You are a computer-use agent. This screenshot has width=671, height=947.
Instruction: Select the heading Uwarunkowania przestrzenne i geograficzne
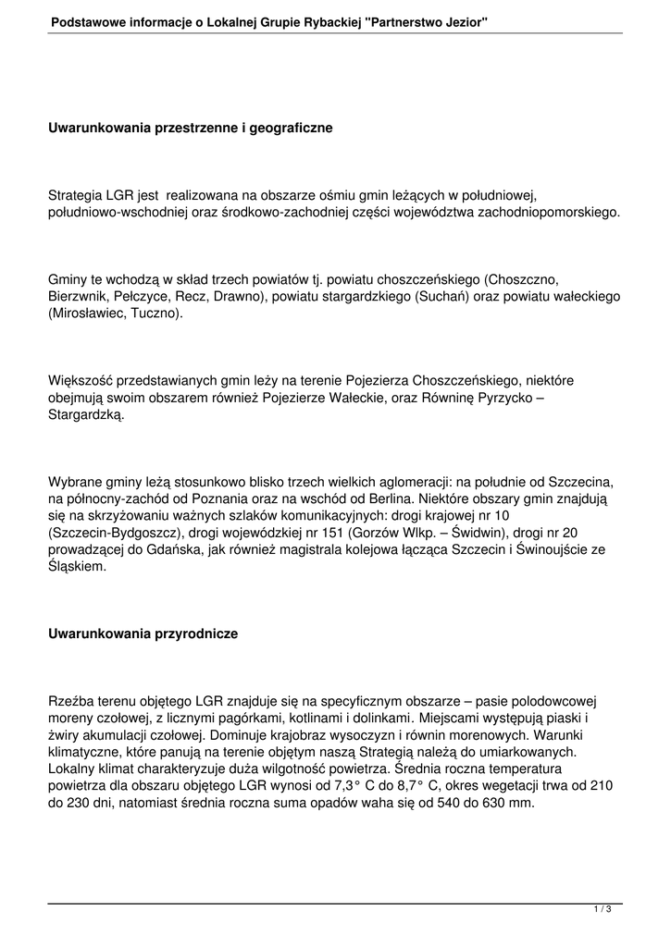190,127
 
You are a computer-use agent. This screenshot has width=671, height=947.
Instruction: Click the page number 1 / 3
603,910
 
